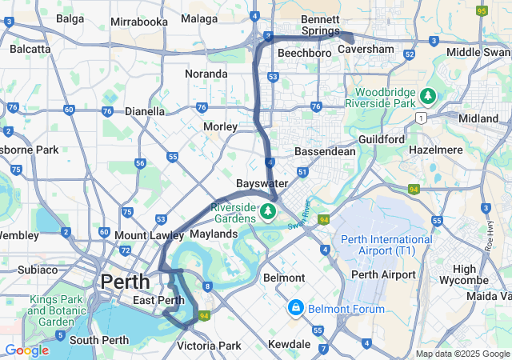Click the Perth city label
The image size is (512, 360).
coord(124,282)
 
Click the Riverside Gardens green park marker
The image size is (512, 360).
coord(268,212)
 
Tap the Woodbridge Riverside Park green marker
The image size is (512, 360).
coord(428,97)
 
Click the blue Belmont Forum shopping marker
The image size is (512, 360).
coord(295,308)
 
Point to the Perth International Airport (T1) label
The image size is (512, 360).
coord(386,245)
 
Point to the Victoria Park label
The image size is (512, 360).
coord(209,346)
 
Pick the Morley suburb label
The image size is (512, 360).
coord(220,126)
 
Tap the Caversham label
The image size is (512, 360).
coord(366,49)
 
